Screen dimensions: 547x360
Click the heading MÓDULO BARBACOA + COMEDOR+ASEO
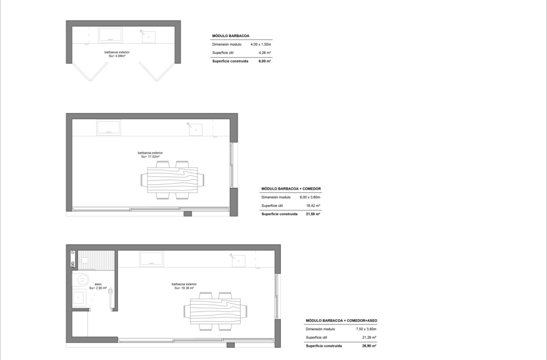pos(342,320)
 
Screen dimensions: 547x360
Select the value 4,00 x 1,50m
pos(261,44)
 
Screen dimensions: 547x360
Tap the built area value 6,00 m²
pos(265,61)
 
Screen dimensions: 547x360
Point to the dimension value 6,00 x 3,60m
pos(310,197)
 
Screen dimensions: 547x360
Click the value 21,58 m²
pos(313,214)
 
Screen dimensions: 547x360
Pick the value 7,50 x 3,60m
pos(366,329)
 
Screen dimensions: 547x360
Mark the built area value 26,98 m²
pos(369,346)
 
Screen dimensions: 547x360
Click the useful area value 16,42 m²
pos(313,206)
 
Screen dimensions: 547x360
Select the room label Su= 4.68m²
pos(117,56)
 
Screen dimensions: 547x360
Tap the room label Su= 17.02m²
pos(150,157)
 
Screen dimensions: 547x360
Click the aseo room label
pos(98,284)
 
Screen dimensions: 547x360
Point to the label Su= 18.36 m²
pos(184,288)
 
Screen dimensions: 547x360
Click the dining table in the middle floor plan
pos(173,180)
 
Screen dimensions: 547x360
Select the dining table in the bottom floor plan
pos(215,311)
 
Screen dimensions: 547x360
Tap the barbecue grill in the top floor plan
pos(110,35)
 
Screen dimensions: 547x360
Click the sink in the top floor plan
pos(148,36)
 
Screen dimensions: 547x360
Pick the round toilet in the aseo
pos(82,280)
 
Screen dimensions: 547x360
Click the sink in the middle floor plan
pos(195,130)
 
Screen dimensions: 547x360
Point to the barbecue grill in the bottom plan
pos(151,259)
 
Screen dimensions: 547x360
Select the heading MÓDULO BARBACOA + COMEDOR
pos(291,189)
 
